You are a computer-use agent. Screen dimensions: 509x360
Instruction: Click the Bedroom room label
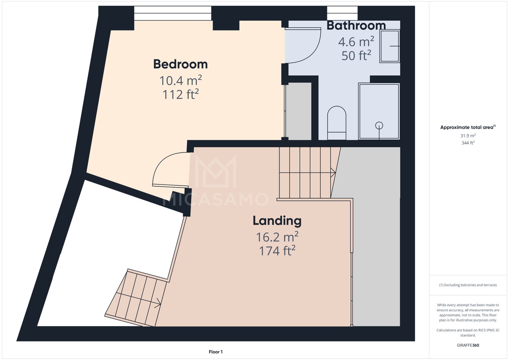pyautogui.click(x=180, y=64)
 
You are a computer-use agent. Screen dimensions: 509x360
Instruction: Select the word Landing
pyautogui.click(x=277, y=221)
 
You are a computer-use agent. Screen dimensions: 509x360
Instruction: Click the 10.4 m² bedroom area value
pyautogui.click(x=180, y=80)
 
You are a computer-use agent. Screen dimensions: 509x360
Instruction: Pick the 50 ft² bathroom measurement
pyautogui.click(x=356, y=55)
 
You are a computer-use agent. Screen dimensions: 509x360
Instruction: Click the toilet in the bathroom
pyautogui.click(x=337, y=123)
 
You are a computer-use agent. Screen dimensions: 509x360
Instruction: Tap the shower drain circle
pyautogui.click(x=379, y=126)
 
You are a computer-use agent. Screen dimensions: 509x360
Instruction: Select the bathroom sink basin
pyautogui.click(x=390, y=46)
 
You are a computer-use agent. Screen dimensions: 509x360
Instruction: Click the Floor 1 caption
pyautogui.click(x=216, y=352)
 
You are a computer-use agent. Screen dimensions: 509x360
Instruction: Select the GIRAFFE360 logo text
pyautogui.click(x=468, y=345)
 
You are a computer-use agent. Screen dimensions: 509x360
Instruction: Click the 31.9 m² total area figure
pyautogui.click(x=468, y=136)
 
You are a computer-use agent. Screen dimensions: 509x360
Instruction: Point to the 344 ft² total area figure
pyautogui.click(x=468, y=143)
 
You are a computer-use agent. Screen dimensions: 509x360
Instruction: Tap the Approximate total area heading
pyautogui.click(x=468, y=127)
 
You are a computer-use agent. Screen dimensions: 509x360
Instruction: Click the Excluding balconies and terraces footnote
pyautogui.click(x=468, y=285)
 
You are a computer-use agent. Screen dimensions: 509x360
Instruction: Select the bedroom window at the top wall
pyautogui.click(x=173, y=13)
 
